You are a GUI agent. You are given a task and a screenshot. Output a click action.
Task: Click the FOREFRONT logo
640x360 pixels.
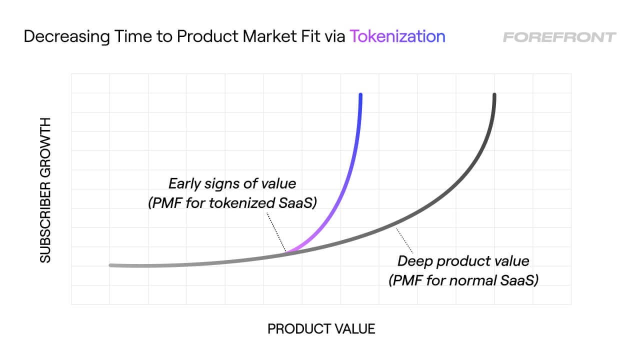559,37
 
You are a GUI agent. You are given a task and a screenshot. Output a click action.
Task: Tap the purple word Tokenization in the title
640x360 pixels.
397,36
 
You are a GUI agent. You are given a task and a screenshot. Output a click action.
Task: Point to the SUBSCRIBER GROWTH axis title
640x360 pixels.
45,190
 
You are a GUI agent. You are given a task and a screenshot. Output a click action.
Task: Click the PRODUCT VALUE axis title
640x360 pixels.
321,328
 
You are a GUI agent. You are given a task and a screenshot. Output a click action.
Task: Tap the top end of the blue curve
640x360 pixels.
360,95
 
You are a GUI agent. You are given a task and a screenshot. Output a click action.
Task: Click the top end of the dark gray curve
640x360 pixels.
494,95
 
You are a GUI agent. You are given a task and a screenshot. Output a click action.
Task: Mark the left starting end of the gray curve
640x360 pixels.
111,265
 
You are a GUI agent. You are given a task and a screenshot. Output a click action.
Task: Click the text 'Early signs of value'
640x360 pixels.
232,183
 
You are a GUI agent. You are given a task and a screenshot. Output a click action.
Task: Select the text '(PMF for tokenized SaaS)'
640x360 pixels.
232,204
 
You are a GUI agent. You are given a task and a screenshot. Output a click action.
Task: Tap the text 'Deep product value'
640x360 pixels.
463,260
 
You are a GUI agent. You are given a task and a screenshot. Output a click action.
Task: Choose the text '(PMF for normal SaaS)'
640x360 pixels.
463,280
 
